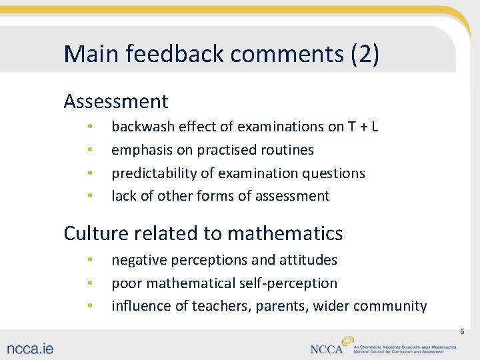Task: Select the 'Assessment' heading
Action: click(x=116, y=101)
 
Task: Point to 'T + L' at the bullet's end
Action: click(x=363, y=126)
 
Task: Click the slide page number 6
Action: click(x=461, y=331)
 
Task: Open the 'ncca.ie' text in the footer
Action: click(x=31, y=348)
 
